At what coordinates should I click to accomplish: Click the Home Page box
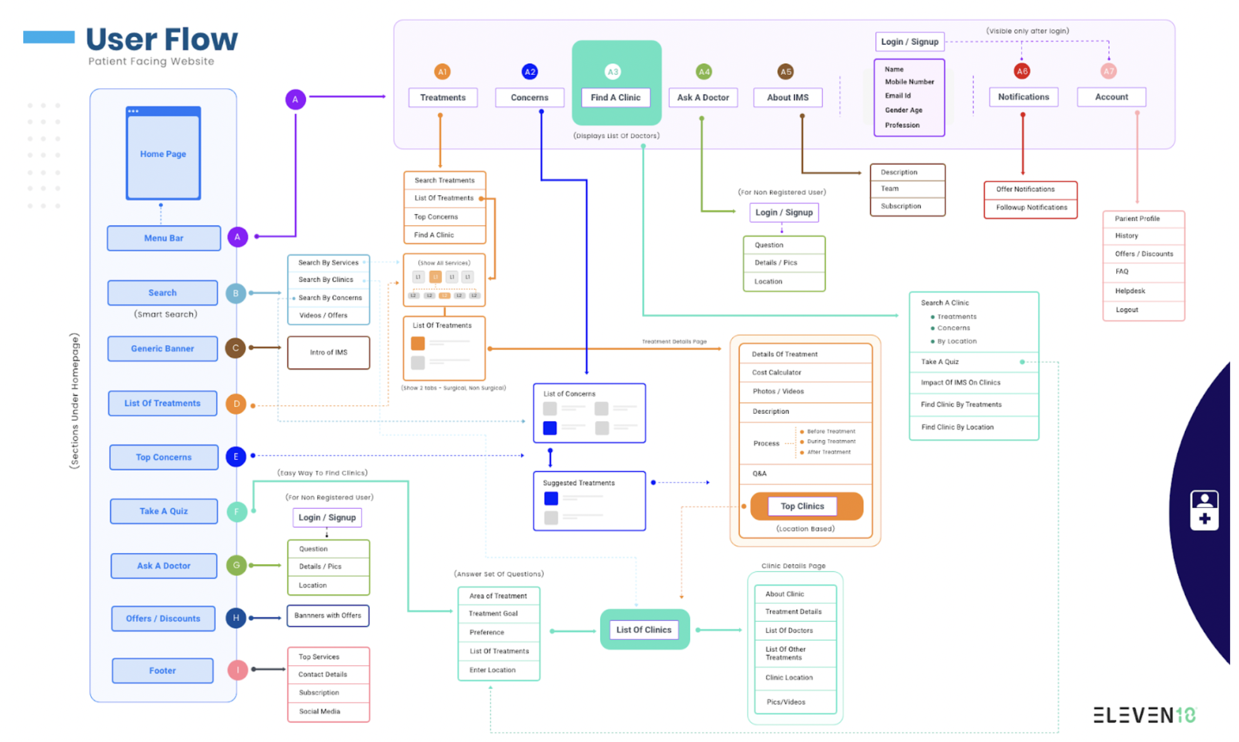[163, 154]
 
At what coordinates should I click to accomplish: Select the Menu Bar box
[164, 238]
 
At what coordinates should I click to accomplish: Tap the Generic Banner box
[163, 348]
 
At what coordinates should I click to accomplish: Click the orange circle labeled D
[236, 404]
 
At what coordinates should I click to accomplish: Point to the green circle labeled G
[236, 565]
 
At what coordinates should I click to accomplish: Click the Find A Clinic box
[615, 98]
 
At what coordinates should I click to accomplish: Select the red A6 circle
[1022, 71]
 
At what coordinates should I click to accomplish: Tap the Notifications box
[1023, 97]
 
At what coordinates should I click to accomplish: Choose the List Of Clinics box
[644, 629]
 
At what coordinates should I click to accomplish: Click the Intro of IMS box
[328, 352]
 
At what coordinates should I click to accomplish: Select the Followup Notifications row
[1030, 207]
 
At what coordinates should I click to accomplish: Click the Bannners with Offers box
[328, 615]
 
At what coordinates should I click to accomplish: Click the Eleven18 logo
[1144, 715]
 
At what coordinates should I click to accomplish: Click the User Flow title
[162, 39]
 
